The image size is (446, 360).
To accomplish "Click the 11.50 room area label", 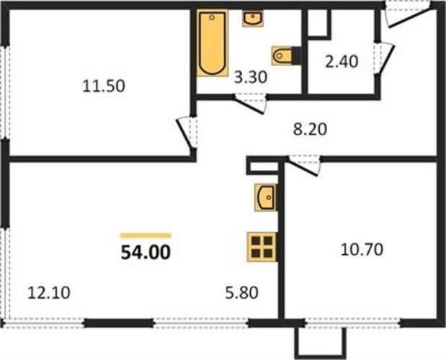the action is pos(104,86).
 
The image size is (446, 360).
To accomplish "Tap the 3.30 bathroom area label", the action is pos(251,77).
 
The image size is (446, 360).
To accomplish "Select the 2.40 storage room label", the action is pos(342,62).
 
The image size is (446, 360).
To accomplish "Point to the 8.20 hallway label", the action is pos(310,130).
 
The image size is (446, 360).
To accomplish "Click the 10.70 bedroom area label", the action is pos(362,250).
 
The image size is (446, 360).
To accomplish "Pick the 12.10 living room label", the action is pos(49,292).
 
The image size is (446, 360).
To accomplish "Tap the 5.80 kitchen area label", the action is pos(242,292).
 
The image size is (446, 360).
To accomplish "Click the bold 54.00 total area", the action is pos(146,253).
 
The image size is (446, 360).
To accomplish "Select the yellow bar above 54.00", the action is pos(146,235).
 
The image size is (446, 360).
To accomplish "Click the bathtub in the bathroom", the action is pos(213,43).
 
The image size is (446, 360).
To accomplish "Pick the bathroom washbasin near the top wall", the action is pos(253,19).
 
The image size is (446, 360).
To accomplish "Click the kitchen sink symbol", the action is pos(266,197).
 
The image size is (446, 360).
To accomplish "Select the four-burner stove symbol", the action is pos(262,247).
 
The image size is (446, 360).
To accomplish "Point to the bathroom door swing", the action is pos(250,103).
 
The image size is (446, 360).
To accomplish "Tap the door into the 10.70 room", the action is pos(304,166).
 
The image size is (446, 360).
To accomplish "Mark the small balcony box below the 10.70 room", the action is pos(321,343).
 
